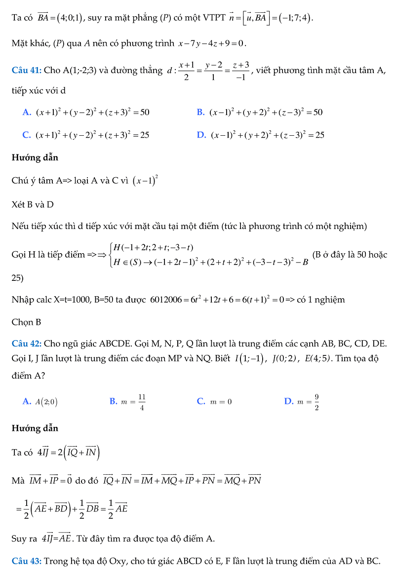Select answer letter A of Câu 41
pyautogui.click(x=27, y=113)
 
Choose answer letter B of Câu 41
pyautogui.click(x=200, y=113)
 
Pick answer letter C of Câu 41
pyautogui.click(x=27, y=135)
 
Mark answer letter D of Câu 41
pyautogui.click(x=201, y=135)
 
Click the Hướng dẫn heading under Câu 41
pyautogui.click(x=35, y=158)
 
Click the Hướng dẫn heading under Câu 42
pyautogui.click(x=35, y=428)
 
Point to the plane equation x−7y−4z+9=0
pyautogui.click(x=212, y=43)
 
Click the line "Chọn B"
pyautogui.click(x=26, y=322)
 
